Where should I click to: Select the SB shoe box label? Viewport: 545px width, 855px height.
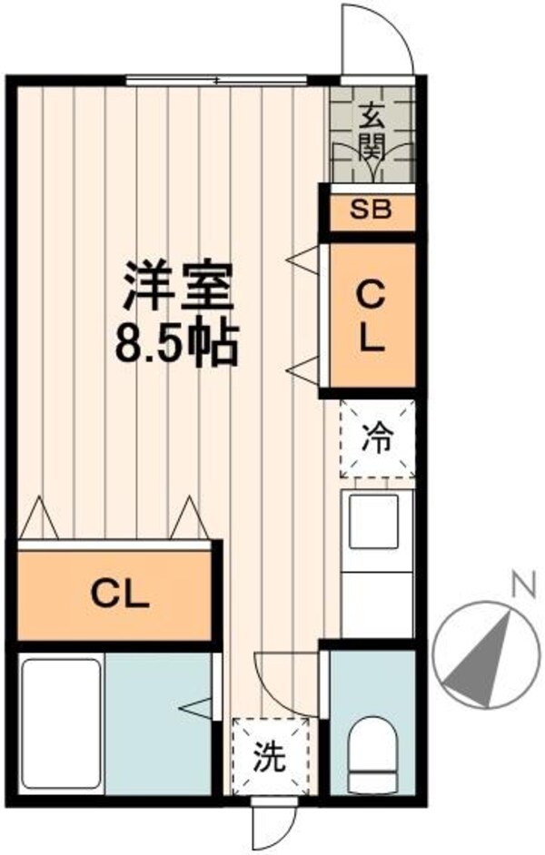pos(371,211)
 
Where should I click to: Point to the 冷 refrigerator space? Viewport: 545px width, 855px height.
pos(377,439)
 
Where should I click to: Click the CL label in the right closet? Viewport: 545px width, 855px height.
pos(371,317)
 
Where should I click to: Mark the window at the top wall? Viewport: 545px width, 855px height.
pos(227,82)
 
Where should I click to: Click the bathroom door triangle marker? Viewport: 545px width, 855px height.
pos(197,705)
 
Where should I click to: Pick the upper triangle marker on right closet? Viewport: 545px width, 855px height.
pos(302,262)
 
